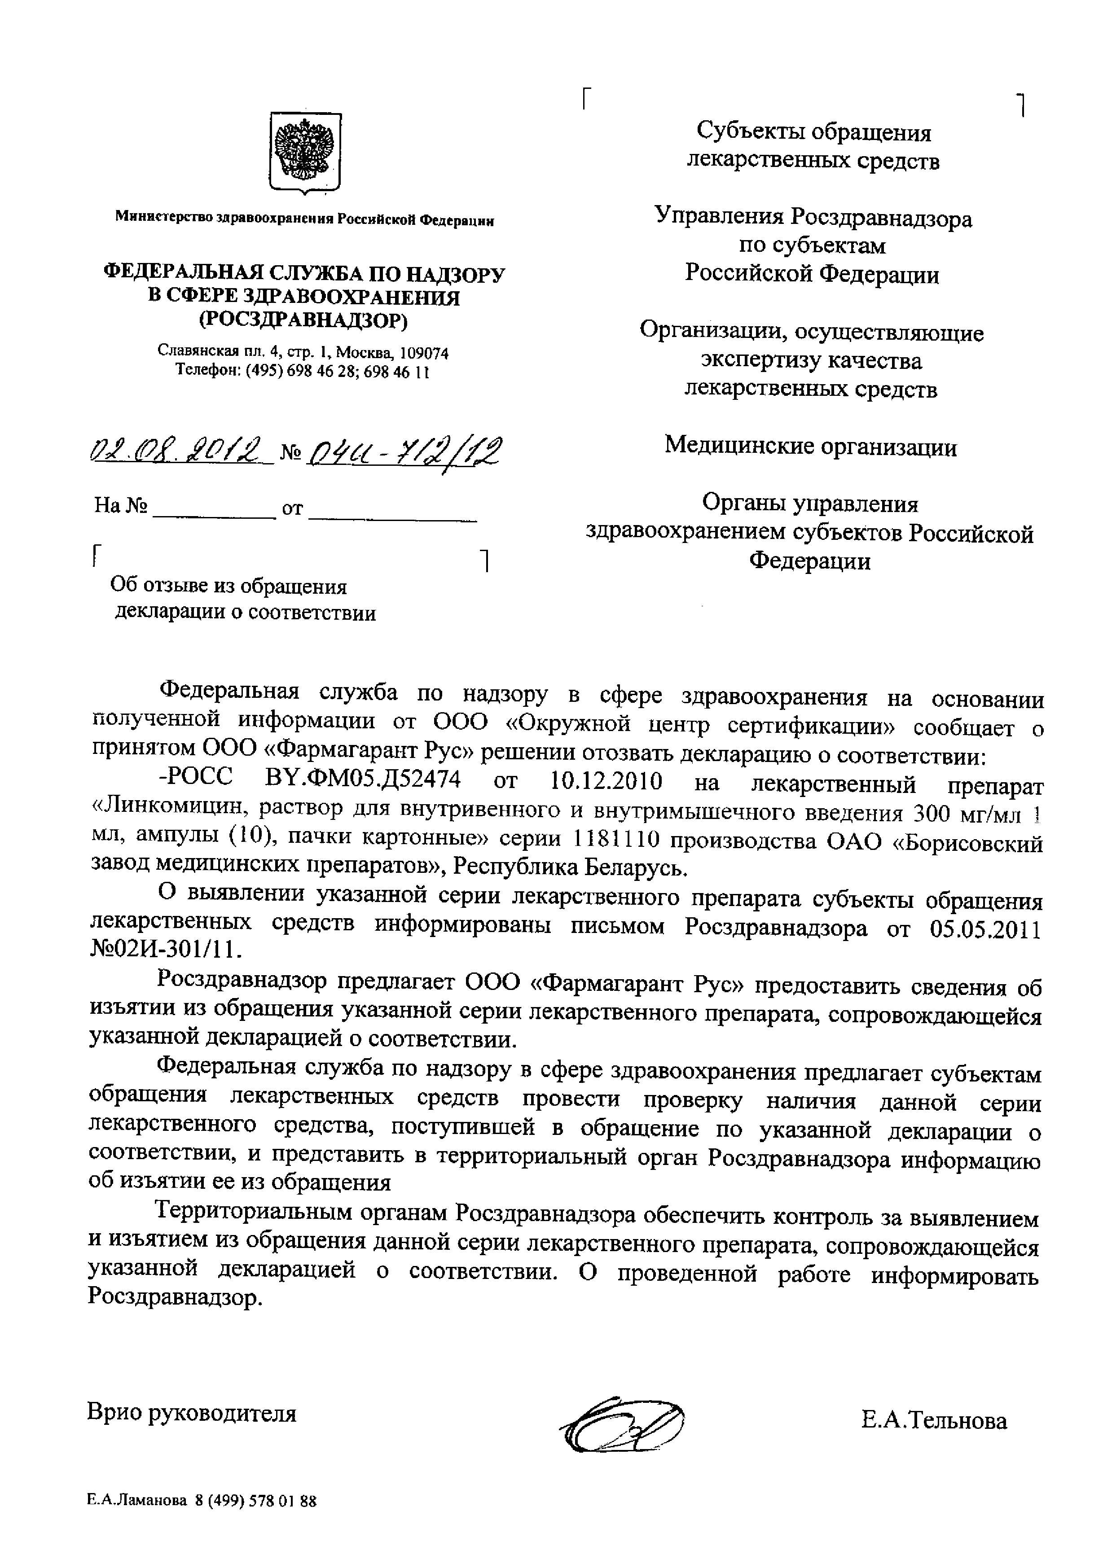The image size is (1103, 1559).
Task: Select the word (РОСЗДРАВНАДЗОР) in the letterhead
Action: click(303, 320)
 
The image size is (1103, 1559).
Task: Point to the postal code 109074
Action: click(425, 354)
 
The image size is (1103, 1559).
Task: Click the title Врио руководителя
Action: click(192, 1413)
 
